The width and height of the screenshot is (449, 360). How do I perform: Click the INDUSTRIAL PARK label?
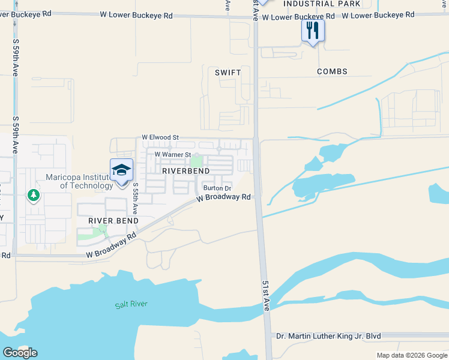click(322, 4)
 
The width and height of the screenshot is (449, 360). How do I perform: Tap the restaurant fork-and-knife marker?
click(313, 30)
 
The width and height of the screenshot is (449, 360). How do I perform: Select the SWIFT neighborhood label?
click(228, 73)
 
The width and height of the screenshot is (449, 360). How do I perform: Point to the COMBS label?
click(332, 71)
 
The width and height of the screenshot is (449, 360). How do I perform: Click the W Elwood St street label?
click(160, 137)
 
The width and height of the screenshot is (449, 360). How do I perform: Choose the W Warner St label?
click(173, 154)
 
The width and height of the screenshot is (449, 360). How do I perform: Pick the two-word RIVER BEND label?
click(113, 221)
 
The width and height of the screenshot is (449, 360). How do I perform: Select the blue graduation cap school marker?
click(121, 170)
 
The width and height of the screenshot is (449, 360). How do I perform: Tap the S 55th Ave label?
click(136, 199)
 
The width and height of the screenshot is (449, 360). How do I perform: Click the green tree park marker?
click(33, 196)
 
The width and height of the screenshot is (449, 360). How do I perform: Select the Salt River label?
click(131, 304)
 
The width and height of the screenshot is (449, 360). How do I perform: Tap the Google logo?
click(20, 353)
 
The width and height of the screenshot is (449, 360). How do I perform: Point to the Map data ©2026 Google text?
click(411, 355)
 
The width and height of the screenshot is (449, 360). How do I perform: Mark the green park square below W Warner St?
click(196, 161)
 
